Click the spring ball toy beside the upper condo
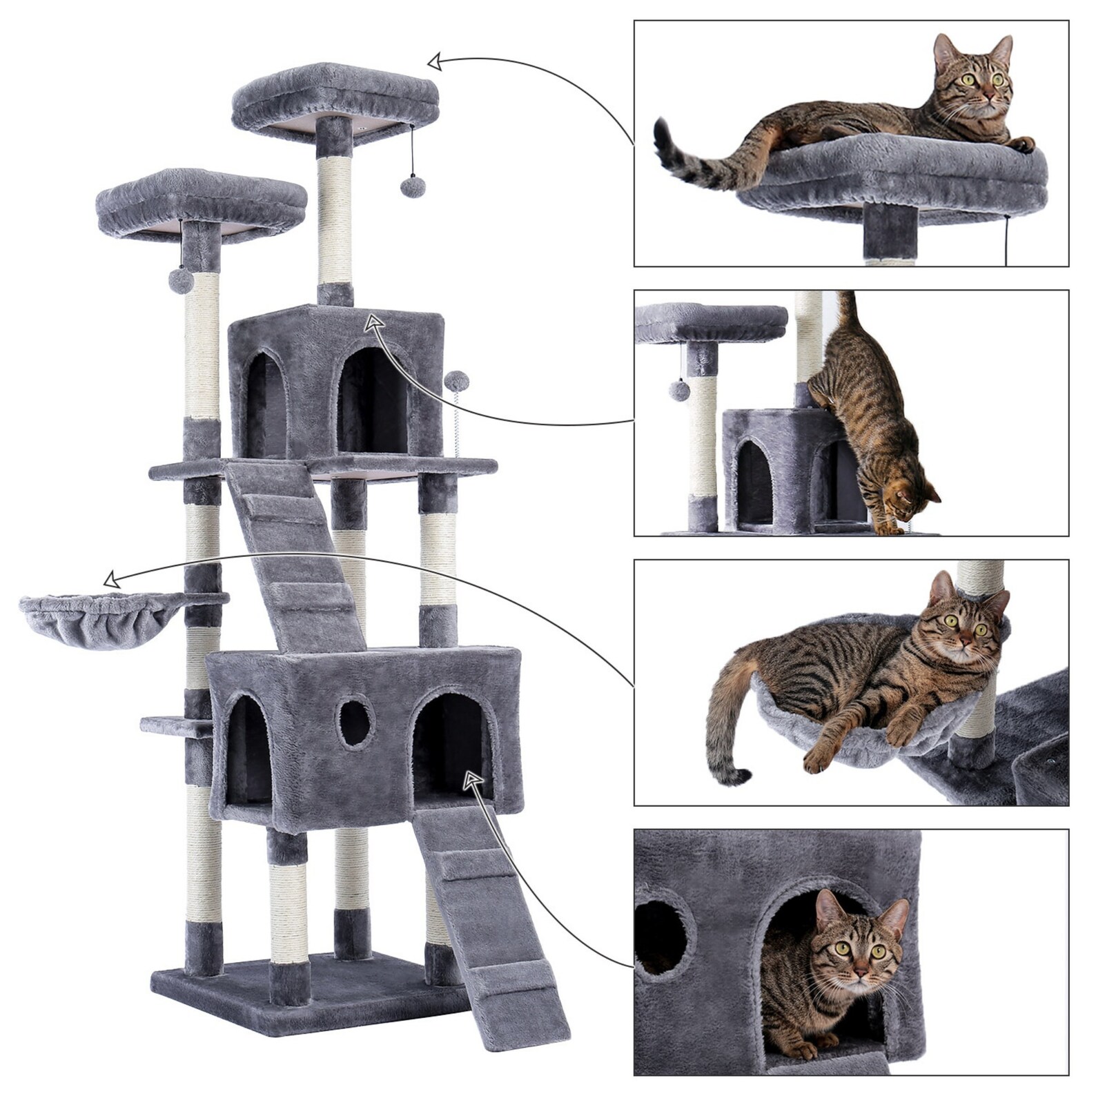click(x=456, y=380)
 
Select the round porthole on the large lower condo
click(x=355, y=724)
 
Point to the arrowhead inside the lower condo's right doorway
click(x=472, y=780)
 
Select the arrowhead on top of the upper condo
click(x=373, y=322)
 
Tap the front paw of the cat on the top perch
click(x=1023, y=144)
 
